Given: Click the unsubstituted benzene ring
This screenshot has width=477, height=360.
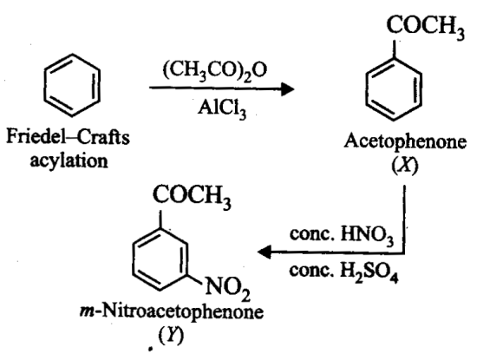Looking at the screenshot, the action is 44,85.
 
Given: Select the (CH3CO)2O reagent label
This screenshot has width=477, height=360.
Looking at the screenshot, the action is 215,70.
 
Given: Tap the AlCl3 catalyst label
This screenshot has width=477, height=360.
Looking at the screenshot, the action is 222,108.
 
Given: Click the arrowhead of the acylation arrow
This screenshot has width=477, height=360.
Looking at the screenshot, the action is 287,88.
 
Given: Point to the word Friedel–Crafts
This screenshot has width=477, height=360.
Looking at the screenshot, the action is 69,137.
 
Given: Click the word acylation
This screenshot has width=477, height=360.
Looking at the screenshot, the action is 69,160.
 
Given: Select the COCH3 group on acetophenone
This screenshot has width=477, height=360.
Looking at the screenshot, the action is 426,26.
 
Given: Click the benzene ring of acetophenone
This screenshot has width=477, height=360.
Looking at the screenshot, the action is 366,89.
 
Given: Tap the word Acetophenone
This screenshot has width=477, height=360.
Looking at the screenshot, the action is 405,141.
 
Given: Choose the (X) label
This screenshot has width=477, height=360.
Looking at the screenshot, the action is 405,166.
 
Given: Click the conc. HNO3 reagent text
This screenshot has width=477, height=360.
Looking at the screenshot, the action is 342,235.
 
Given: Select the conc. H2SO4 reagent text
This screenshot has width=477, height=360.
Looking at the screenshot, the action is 343,272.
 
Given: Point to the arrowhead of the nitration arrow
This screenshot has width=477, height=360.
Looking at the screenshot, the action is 264,252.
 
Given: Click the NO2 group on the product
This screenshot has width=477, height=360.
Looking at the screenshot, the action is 227,287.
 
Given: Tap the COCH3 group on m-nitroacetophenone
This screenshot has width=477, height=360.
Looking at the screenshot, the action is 192,196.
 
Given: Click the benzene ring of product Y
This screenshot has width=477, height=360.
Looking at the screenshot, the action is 133,259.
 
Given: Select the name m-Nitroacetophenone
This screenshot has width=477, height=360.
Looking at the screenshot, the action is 172,312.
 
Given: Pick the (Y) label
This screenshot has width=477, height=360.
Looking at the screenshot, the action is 171,336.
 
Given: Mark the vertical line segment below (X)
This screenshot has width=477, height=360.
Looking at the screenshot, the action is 405,219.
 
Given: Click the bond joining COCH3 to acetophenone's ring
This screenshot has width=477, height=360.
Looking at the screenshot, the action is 394,49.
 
